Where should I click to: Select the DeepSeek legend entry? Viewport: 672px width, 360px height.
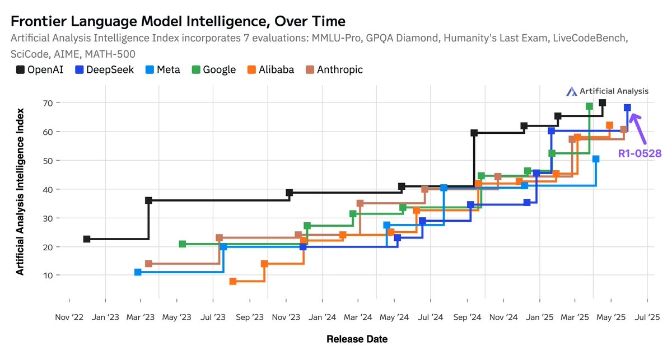(x=104, y=70)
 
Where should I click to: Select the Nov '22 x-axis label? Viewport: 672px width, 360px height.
(x=69, y=317)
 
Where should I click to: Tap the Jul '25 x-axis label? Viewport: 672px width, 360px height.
(x=647, y=317)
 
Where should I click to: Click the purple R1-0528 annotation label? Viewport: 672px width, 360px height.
(x=640, y=153)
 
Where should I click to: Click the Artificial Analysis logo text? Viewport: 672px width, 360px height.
(x=614, y=91)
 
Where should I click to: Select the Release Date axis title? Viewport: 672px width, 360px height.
(x=357, y=339)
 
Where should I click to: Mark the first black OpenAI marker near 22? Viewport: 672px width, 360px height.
(x=87, y=239)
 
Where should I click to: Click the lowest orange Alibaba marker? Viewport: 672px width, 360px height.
(x=233, y=281)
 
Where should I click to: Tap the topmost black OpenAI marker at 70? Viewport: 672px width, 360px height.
(x=602, y=103)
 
